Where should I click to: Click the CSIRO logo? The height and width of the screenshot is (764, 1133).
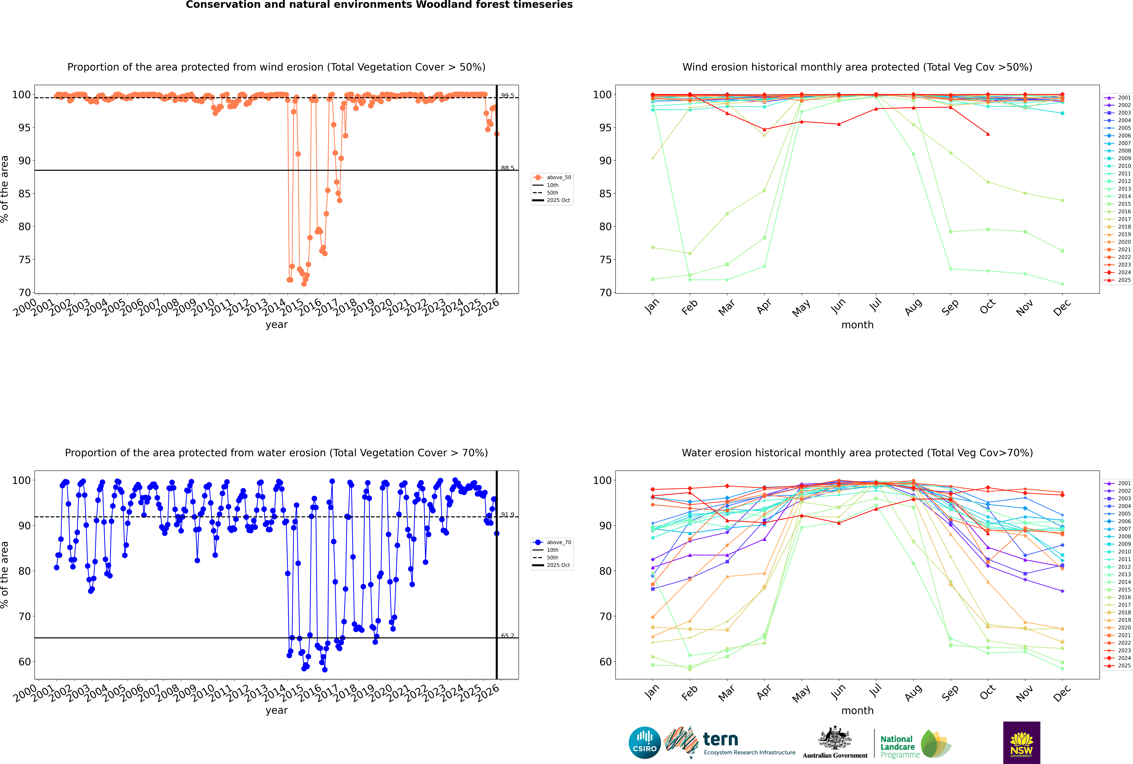coord(644,743)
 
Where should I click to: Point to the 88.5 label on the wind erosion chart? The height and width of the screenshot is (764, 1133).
coord(508,168)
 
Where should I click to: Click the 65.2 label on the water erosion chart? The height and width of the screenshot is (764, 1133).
coord(508,635)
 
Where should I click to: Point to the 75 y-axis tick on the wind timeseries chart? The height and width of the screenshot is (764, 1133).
coord(24,260)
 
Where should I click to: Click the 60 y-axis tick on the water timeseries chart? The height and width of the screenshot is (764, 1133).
coord(24,662)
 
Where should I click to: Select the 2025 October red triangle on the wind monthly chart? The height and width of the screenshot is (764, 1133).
coord(988,134)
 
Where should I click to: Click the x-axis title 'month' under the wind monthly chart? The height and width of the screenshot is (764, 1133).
coord(857,325)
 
